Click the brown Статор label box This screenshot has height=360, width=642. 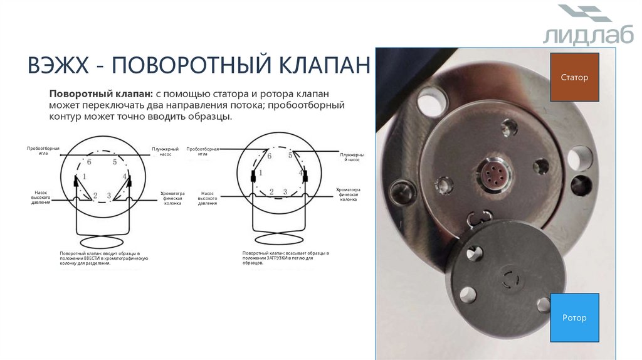click(574, 78)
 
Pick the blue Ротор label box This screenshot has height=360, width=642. click(574, 318)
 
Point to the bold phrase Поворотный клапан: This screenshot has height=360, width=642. click(100, 93)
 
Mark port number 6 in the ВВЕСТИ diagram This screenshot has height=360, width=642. click(89, 162)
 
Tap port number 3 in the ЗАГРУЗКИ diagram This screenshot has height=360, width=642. click(285, 192)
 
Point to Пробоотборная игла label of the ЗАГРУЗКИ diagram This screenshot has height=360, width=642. click(203, 151)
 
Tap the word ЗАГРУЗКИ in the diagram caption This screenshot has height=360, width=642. click(280, 258)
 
